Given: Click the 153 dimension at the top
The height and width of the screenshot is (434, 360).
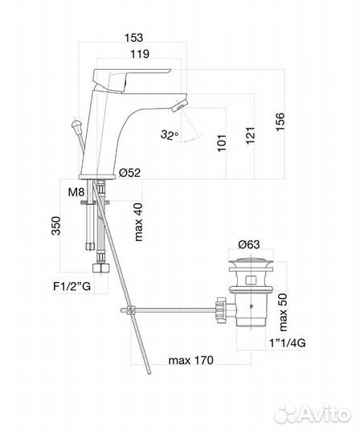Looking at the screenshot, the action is click(x=133, y=38).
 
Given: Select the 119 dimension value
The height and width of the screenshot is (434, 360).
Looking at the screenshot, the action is click(x=140, y=54).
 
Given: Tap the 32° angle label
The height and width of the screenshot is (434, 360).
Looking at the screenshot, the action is click(x=170, y=135).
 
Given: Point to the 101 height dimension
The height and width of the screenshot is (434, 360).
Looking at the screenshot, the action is click(x=222, y=143).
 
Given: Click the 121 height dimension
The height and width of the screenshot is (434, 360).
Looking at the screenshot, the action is click(x=251, y=135).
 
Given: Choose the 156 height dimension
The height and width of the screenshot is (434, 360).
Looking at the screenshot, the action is click(x=280, y=122).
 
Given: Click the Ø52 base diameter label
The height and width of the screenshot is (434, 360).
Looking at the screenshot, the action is click(x=130, y=173).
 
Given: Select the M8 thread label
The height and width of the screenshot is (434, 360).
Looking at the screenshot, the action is click(x=76, y=192).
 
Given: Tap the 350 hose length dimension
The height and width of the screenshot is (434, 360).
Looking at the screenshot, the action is click(x=56, y=226).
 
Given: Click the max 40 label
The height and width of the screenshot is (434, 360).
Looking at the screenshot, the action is click(x=138, y=222).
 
